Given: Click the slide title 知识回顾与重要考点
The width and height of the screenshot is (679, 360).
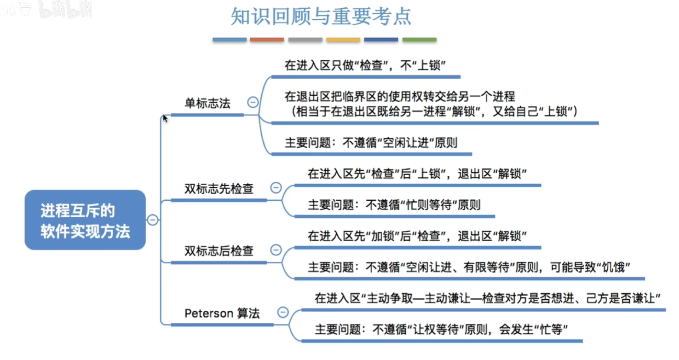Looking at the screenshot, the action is coord(321,16).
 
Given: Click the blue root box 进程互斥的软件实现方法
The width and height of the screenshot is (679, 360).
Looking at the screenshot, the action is coord(85,220).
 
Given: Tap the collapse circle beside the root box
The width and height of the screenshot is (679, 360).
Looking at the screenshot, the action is coord(152,220).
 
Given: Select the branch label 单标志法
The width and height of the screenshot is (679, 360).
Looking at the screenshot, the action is coord(207,103).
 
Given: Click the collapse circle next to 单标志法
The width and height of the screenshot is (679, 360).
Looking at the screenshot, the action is coord(253,102).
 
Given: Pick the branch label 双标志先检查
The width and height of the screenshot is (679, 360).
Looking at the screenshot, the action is coord(219,188).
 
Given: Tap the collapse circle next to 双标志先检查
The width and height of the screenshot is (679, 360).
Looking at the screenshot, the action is coord(276,187).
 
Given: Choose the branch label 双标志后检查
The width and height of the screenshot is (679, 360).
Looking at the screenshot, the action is coord(219,251).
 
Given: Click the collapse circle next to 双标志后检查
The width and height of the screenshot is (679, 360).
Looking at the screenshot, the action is coord(276,250).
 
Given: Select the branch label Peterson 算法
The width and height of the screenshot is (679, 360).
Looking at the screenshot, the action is coord(222,314).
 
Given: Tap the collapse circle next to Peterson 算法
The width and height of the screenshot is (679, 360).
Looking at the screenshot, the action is coord(283,312).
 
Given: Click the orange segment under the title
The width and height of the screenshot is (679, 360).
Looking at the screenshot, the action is coord(267,40).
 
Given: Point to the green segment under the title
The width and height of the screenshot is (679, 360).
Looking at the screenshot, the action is coord(419,40).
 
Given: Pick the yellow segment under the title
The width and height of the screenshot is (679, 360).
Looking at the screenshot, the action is coord(343,40).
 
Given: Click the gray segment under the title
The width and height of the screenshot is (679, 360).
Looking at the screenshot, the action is coord(305,40).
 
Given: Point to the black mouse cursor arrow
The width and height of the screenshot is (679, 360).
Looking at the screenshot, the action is coord(165,118).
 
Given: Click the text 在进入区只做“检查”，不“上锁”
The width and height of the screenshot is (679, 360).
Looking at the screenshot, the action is coord(365,65).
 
